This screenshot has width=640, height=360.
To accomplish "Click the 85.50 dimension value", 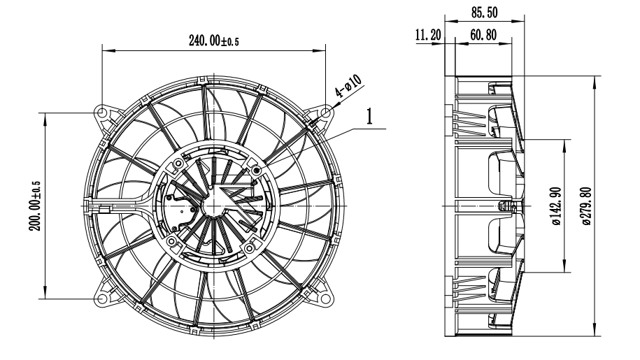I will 485,12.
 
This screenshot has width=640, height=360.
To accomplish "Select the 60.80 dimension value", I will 480,35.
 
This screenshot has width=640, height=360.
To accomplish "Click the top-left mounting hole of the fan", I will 102,113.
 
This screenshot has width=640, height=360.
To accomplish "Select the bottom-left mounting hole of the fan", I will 102,298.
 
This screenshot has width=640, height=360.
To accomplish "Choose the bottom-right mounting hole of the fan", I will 327,298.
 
